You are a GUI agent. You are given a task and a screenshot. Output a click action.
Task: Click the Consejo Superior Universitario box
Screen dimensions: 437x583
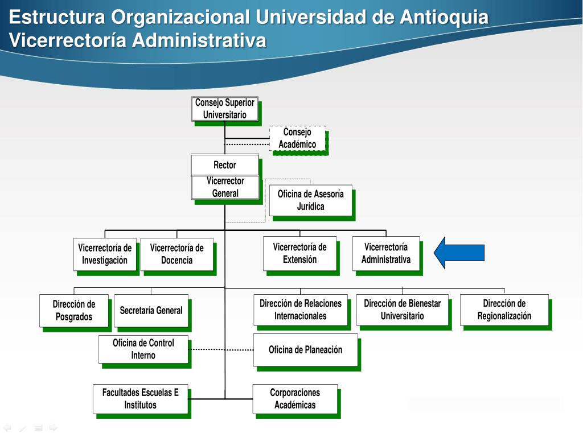coord(225,109)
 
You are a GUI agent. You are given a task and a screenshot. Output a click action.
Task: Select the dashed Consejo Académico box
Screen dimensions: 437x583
coord(297,138)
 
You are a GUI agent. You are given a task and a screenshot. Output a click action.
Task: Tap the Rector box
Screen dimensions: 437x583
coord(225,165)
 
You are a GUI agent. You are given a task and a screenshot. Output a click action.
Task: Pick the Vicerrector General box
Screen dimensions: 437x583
coord(225,187)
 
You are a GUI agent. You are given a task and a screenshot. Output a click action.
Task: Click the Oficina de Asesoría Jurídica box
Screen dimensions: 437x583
coord(310,200)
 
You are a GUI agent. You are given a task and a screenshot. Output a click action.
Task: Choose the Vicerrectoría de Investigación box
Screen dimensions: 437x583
coord(105,254)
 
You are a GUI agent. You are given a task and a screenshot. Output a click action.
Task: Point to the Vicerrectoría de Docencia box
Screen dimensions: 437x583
coord(176,254)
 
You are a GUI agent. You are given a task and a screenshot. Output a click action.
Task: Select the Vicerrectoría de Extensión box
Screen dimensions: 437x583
coord(299,253)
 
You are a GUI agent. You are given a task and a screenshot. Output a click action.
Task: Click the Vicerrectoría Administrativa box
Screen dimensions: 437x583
coord(386,253)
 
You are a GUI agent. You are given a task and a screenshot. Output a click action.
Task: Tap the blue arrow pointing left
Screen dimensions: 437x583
coord(459,252)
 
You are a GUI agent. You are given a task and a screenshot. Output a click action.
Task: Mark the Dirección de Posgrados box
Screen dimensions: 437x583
coord(74,310)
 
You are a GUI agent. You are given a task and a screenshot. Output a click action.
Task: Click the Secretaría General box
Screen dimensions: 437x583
coord(151,310)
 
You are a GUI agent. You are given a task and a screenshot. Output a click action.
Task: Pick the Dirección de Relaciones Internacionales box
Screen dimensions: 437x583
coord(301,310)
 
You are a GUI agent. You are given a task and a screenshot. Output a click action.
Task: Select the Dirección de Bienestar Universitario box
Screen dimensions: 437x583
coord(402,310)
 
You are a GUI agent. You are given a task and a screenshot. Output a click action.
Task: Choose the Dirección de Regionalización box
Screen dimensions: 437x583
coord(504,310)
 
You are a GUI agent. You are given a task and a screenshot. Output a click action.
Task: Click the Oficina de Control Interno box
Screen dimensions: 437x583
coord(143,349)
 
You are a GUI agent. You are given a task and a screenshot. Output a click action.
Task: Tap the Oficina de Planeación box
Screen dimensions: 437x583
coord(306,349)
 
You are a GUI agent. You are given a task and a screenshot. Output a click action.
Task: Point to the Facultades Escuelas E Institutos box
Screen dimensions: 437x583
coord(140,398)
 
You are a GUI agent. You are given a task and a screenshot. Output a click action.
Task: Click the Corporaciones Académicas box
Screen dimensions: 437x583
coord(295,398)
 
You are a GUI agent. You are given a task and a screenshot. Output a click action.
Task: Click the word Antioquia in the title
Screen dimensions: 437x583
coord(444,18)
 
